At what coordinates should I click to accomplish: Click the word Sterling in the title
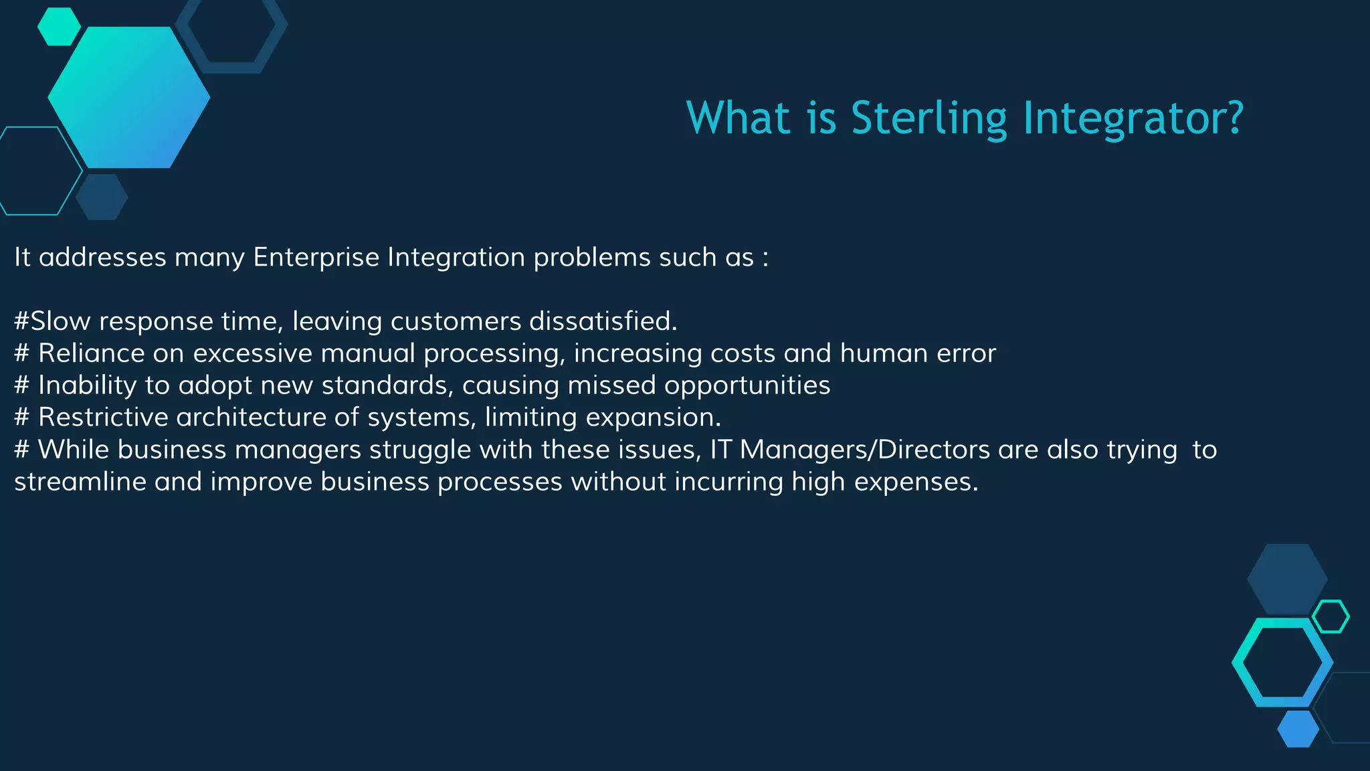pos(928,118)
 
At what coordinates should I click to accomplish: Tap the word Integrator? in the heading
pos(1133,118)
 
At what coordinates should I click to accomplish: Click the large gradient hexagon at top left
pos(129,98)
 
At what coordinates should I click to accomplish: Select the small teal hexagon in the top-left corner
pos(59,27)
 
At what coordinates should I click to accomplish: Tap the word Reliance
pos(91,353)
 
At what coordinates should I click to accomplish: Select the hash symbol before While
pos(21,450)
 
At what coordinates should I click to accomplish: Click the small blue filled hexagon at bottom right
pos(1298,729)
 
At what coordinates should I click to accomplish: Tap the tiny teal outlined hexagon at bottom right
pos(1331,616)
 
